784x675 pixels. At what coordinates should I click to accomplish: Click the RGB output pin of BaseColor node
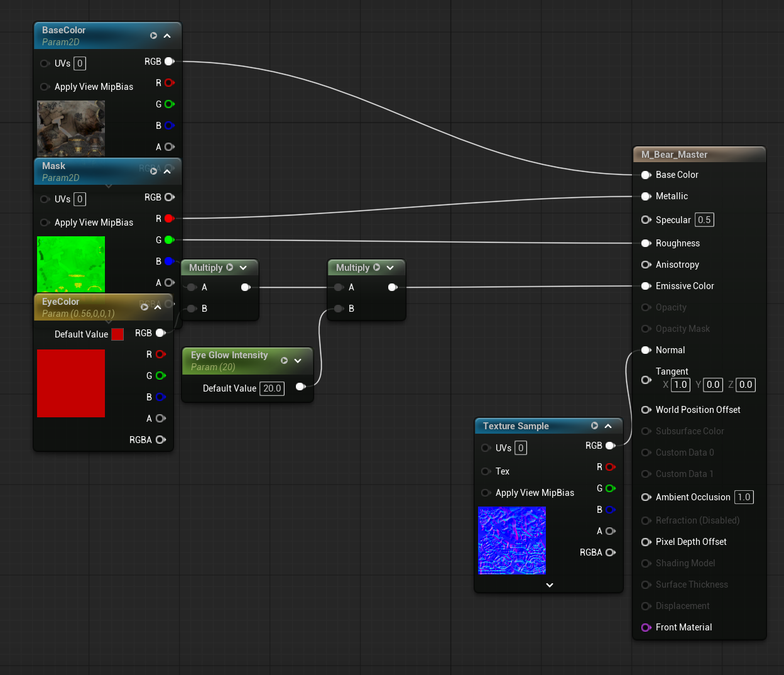coord(169,62)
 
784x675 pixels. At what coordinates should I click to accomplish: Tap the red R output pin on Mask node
coord(169,219)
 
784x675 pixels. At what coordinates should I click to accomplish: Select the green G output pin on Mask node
coord(169,240)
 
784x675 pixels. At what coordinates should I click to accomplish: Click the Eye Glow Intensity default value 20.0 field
coord(272,388)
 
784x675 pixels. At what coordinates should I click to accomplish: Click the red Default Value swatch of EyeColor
coord(117,334)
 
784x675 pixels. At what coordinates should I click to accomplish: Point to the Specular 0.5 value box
coord(704,220)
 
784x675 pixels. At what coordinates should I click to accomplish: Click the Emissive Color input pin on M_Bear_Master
coord(646,286)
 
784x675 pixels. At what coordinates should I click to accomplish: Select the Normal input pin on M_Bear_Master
coord(646,350)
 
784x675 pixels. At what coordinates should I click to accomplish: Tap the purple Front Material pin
coord(646,628)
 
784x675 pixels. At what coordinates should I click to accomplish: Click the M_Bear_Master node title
coord(674,155)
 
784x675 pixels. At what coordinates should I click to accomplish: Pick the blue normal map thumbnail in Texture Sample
coord(512,541)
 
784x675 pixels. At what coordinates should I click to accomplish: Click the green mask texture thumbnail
coord(71,264)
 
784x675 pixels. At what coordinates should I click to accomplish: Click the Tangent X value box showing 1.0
coord(680,385)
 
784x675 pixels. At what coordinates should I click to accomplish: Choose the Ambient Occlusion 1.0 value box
coord(744,497)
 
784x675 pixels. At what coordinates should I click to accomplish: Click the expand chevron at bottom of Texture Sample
coord(550,585)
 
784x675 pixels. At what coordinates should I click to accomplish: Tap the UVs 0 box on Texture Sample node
coord(521,448)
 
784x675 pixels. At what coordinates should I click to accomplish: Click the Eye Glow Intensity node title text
coord(229,355)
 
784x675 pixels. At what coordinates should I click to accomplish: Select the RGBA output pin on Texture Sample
coord(610,552)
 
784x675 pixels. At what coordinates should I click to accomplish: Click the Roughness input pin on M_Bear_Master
coord(646,243)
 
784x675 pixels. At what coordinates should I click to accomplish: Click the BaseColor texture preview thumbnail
coord(71,128)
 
